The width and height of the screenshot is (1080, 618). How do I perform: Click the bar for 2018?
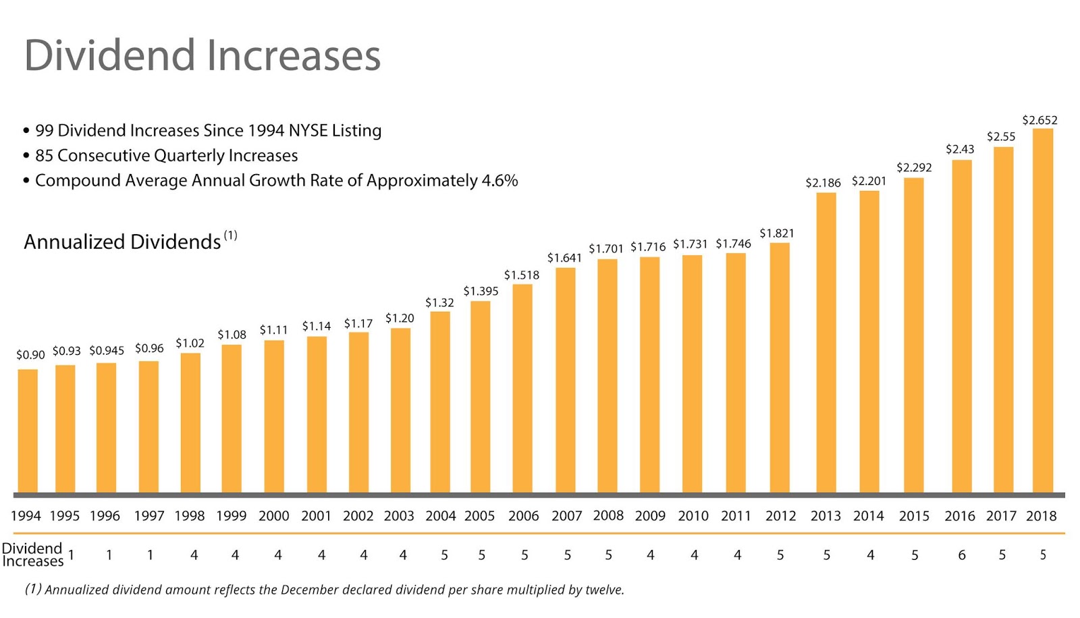click(1042, 310)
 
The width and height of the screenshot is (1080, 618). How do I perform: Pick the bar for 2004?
click(440, 401)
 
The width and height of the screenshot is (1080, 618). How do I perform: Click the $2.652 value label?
click(1039, 120)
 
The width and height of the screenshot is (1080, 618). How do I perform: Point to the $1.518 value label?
click(521, 275)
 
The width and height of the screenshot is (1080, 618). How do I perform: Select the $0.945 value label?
click(107, 350)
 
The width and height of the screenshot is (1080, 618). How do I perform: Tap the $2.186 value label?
click(823, 182)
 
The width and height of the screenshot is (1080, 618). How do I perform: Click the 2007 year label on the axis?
click(566, 516)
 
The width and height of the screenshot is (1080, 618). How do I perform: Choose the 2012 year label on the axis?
click(780, 516)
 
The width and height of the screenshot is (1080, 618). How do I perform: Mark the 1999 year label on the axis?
click(231, 516)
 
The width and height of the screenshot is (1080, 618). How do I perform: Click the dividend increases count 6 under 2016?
click(961, 555)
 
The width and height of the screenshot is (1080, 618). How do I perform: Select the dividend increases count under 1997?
click(150, 555)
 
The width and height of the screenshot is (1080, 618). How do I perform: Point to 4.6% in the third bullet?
click(500, 181)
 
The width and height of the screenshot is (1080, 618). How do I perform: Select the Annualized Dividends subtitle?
click(122, 242)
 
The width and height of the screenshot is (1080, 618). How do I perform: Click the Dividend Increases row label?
click(32, 555)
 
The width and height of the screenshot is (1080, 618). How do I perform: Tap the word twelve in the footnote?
click(603, 590)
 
